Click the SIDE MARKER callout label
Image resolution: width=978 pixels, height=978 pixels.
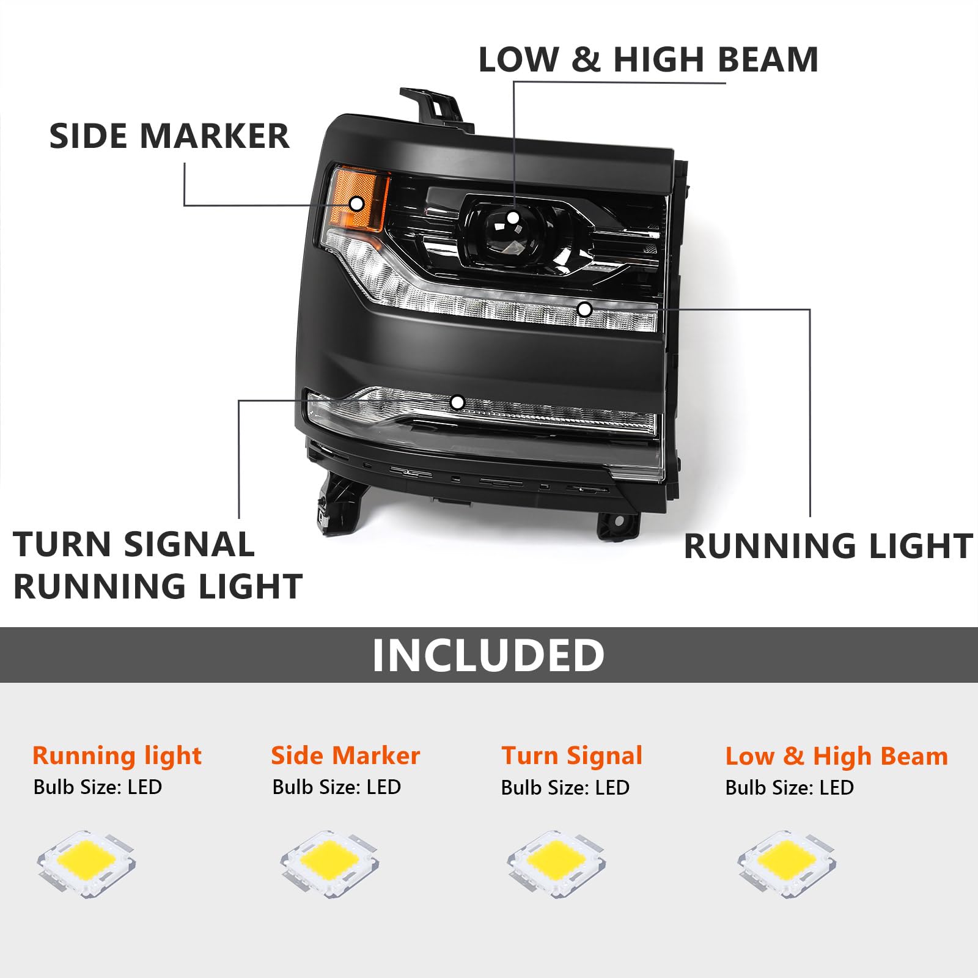[x=169, y=136]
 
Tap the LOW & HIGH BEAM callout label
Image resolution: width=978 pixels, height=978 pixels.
[x=648, y=60]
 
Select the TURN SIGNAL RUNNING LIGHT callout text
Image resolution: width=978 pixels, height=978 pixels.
[x=158, y=565]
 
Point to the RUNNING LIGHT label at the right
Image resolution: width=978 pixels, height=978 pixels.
[x=828, y=546]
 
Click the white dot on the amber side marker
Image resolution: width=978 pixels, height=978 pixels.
[x=356, y=204]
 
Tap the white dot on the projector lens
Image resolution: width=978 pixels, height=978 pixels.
[x=513, y=218]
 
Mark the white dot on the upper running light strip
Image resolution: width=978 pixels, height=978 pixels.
[x=584, y=309]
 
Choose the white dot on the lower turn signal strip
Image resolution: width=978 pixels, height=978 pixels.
[x=457, y=402]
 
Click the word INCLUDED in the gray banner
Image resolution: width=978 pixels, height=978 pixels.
[x=488, y=655]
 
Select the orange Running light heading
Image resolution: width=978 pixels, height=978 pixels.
[x=117, y=756]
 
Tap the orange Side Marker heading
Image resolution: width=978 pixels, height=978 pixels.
[x=345, y=756]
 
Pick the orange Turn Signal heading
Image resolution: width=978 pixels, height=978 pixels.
[x=572, y=756]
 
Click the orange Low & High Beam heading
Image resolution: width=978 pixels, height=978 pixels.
[x=836, y=756]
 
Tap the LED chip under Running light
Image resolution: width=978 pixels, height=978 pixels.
[x=86, y=863]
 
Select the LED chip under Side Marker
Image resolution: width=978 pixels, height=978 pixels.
[x=329, y=863]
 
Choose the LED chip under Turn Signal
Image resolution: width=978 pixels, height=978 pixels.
[x=556, y=863]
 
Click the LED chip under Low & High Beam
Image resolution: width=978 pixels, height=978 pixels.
[x=787, y=863]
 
